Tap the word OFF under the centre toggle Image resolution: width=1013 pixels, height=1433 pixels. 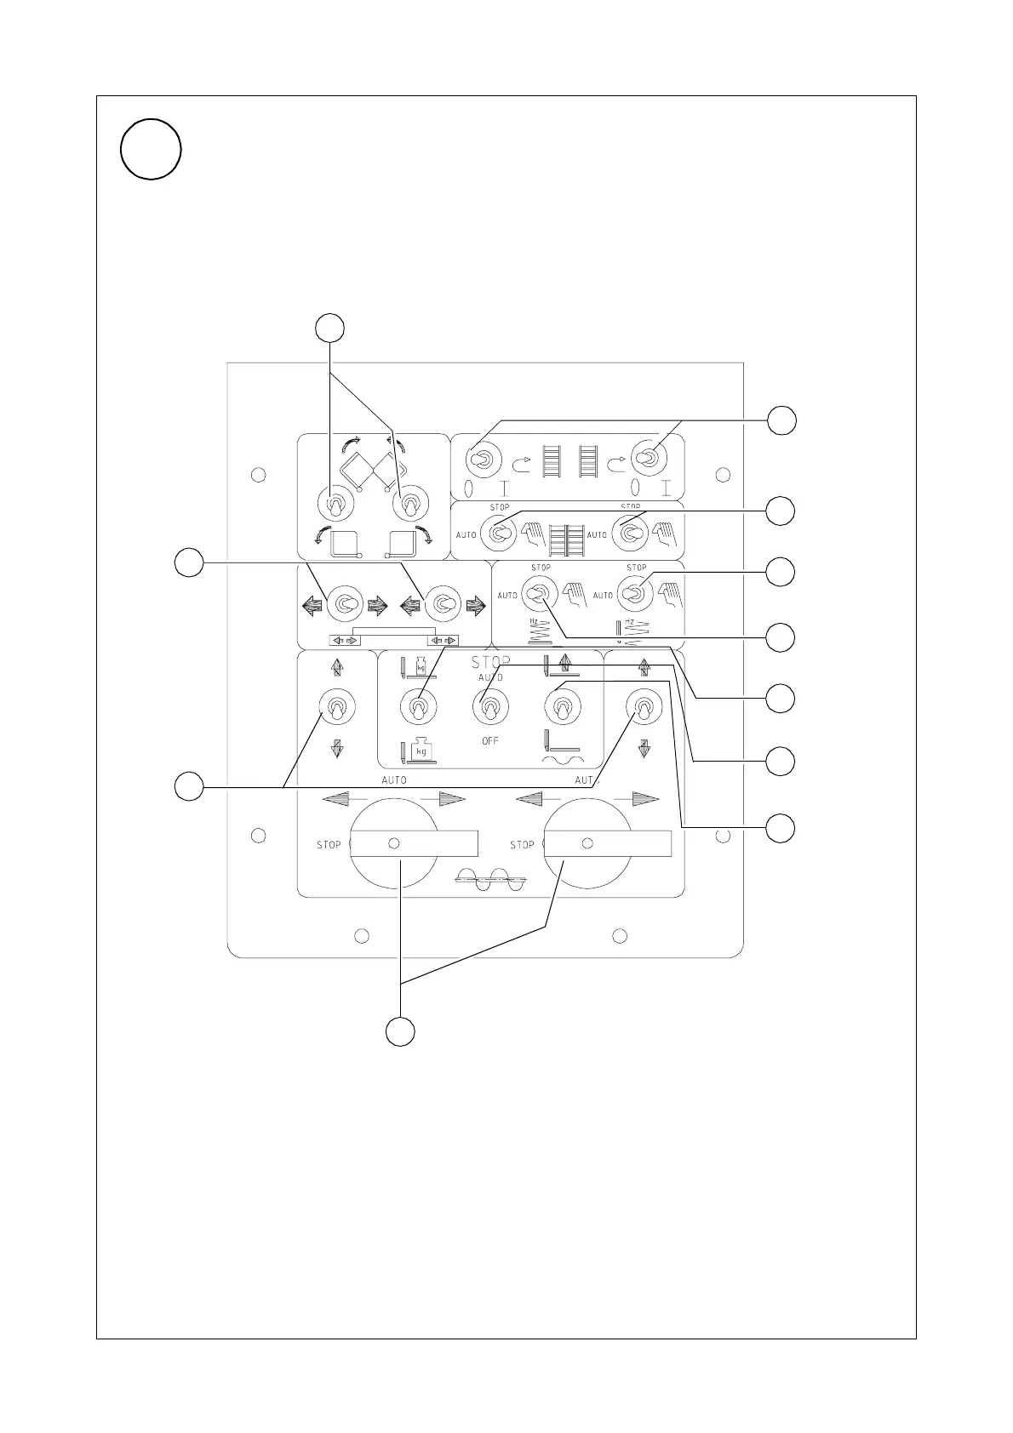490,741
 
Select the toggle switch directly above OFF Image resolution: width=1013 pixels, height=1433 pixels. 490,706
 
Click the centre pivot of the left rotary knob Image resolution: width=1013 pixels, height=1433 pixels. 393,843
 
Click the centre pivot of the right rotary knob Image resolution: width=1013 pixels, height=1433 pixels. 587,843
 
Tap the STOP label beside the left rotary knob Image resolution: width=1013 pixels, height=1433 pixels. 329,845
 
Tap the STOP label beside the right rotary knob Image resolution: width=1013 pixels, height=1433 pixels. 522,845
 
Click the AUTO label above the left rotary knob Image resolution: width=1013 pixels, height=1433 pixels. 393,780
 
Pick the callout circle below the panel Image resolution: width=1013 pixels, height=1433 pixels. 401,1031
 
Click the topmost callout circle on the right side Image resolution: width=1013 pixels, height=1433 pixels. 781,420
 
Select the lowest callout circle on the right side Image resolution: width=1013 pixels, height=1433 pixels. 781,828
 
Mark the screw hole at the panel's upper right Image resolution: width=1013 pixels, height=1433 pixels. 722,474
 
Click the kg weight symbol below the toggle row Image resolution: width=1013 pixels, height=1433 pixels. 419,751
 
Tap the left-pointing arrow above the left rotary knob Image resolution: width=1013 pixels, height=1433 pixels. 337,798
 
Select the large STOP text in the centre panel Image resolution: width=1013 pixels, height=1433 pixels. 491,662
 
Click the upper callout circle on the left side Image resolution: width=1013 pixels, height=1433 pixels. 189,562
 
